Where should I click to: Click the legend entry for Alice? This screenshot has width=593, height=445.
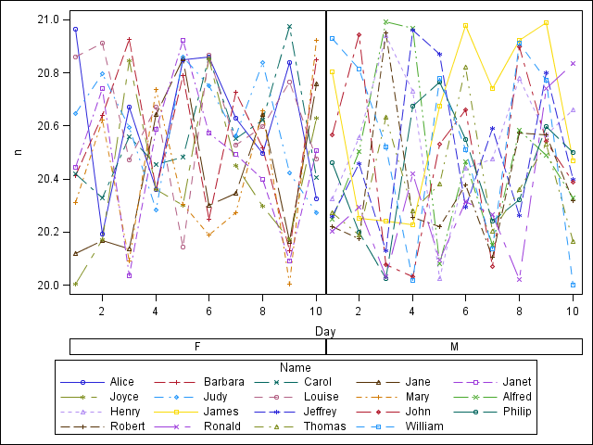(121, 382)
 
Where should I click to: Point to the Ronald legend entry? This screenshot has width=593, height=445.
(221, 426)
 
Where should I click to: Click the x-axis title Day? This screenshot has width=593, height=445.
(324, 331)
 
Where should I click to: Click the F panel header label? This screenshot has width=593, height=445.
(197, 347)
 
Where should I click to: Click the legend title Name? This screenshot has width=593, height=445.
(324, 366)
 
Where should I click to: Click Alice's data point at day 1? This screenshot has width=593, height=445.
(75, 30)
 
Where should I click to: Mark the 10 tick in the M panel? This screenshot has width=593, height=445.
(574, 311)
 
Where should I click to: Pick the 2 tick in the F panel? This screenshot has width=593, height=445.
(102, 311)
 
